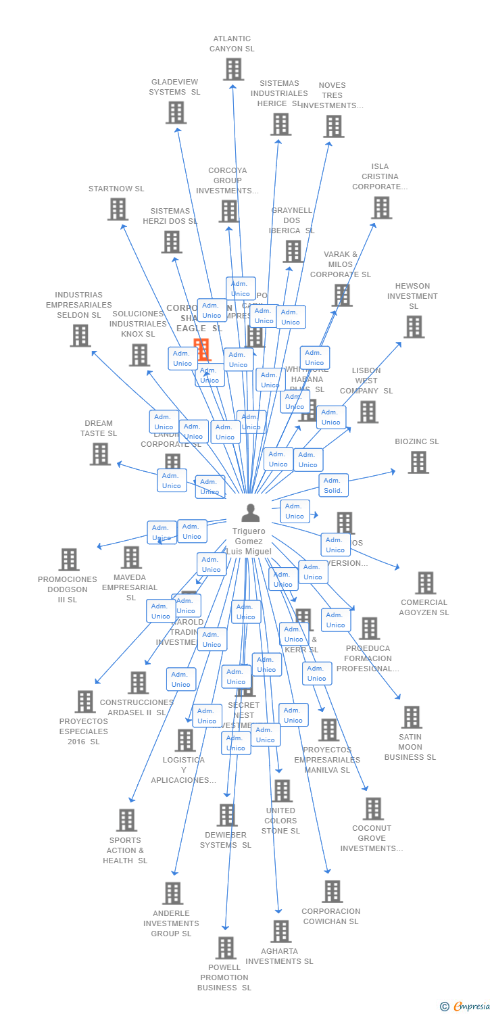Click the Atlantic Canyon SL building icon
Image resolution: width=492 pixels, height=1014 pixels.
pos(233,69)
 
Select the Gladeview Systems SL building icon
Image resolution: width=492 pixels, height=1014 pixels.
pos(176,112)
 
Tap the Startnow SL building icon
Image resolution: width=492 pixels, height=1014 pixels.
pos(118,210)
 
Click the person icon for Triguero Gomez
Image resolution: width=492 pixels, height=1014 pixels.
pos(250,513)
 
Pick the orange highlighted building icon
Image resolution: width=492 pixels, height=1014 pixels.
pos(201,349)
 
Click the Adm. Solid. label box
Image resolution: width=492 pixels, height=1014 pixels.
pos(333,485)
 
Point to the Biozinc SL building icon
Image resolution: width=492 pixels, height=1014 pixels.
pos(418,462)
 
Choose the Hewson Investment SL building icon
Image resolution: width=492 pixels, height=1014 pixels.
pos(414,327)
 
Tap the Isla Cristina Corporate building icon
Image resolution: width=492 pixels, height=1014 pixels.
pos(381,208)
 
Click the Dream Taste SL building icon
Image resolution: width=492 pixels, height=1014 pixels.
pos(100,454)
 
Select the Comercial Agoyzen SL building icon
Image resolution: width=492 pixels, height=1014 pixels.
pos(425,583)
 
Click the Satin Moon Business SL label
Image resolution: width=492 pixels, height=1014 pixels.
pos(410,747)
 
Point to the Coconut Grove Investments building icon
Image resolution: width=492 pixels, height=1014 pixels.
pos(373,808)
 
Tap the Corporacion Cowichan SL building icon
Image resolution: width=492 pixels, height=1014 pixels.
pos(332,892)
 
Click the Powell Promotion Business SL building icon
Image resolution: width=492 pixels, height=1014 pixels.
pos(226,948)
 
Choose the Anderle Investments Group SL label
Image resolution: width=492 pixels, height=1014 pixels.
pos(171,923)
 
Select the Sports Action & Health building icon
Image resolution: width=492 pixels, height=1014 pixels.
pos(126,820)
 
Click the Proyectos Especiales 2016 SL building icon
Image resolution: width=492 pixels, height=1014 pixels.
pos(85,702)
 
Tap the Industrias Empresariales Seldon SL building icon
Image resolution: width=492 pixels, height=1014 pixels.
pos(80,335)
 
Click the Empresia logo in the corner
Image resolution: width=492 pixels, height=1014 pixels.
pos(465,1007)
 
